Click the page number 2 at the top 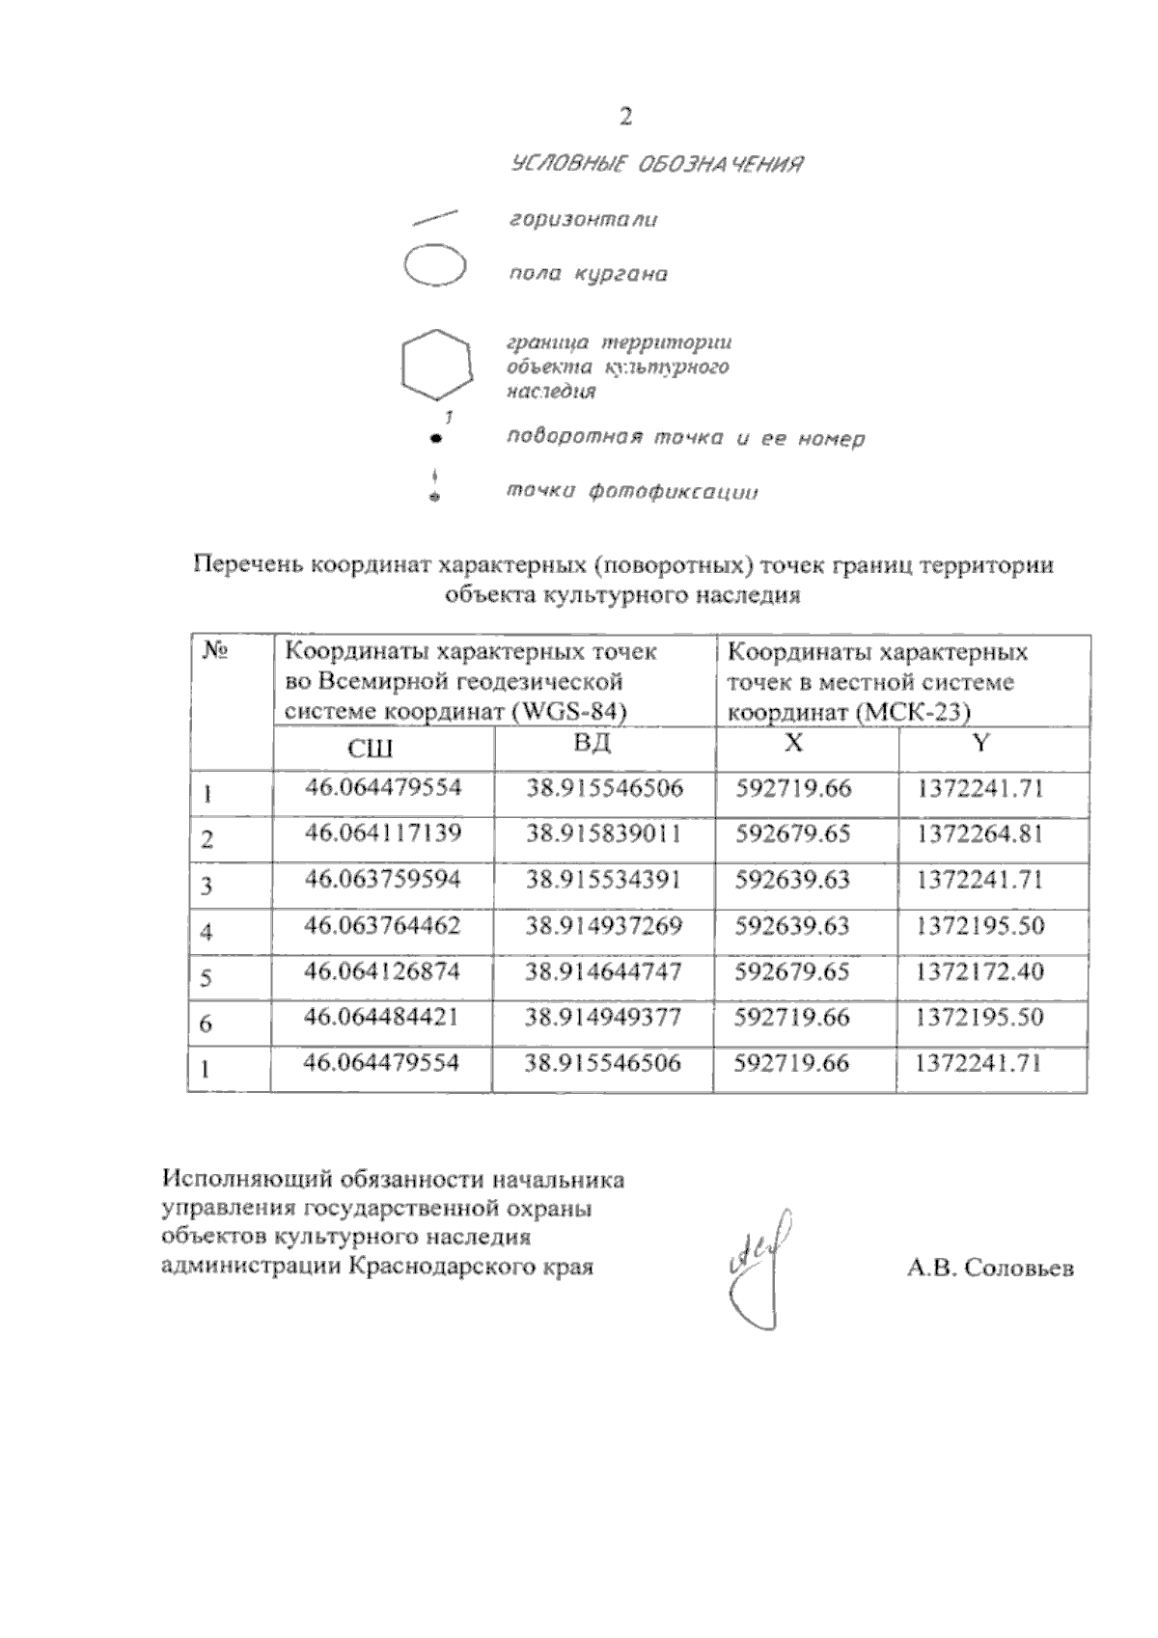tap(625, 118)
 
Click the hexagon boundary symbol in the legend tap(437, 364)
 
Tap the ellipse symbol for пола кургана tap(435, 266)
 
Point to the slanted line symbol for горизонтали tap(434, 217)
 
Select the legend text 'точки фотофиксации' tap(632, 492)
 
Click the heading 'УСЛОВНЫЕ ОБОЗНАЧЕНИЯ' tap(657, 164)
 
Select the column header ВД tap(593, 744)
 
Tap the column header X tap(793, 743)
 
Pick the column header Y tap(981, 743)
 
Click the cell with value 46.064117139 tap(383, 833)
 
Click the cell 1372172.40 tap(980, 971)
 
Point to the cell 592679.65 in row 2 tap(793, 833)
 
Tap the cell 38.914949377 tap(603, 1017)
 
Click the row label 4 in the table tap(207, 933)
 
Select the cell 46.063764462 tap(383, 925)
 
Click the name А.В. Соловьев tap(989, 1269)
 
